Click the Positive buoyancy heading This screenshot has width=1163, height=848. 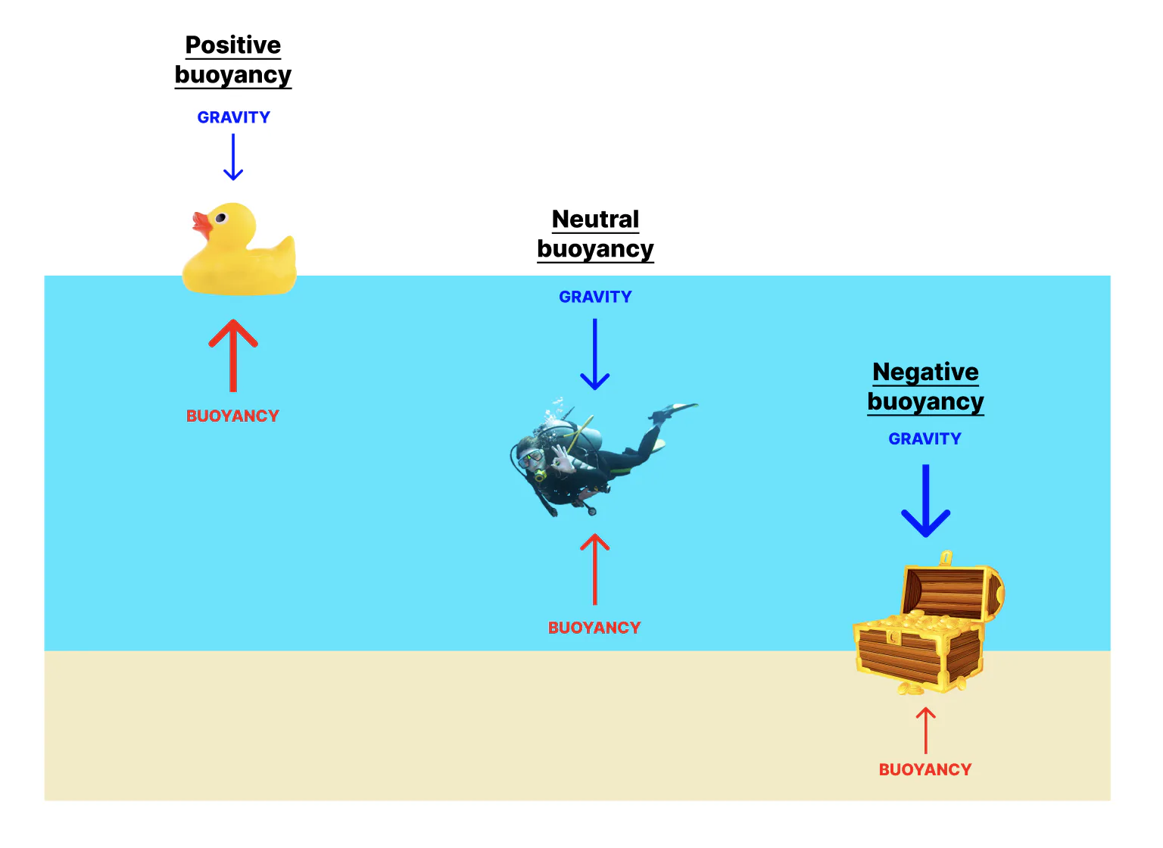pos(233,60)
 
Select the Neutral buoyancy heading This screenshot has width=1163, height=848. pos(595,234)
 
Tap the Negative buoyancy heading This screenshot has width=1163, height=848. pos(925,386)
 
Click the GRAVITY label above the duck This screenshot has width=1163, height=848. pos(233,117)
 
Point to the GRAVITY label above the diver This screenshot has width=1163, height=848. pos(595,297)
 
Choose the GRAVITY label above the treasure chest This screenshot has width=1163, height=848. pos(924,439)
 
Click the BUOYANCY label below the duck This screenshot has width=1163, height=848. pos(232,416)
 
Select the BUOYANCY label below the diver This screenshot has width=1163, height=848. pos(594,628)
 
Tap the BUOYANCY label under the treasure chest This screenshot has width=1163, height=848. pos(924,769)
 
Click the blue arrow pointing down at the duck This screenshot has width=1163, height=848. pos(233,157)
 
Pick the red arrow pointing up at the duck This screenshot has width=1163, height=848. pos(233,355)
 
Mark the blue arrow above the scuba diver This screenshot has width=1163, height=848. pos(595,354)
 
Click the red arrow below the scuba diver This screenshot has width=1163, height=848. pos(595,569)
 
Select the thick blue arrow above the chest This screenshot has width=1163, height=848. pos(925,500)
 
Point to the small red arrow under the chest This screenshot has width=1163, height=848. pos(925,730)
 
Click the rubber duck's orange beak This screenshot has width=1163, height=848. pos(201,223)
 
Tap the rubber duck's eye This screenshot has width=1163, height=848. pos(221,218)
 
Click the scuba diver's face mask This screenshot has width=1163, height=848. pos(531,457)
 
